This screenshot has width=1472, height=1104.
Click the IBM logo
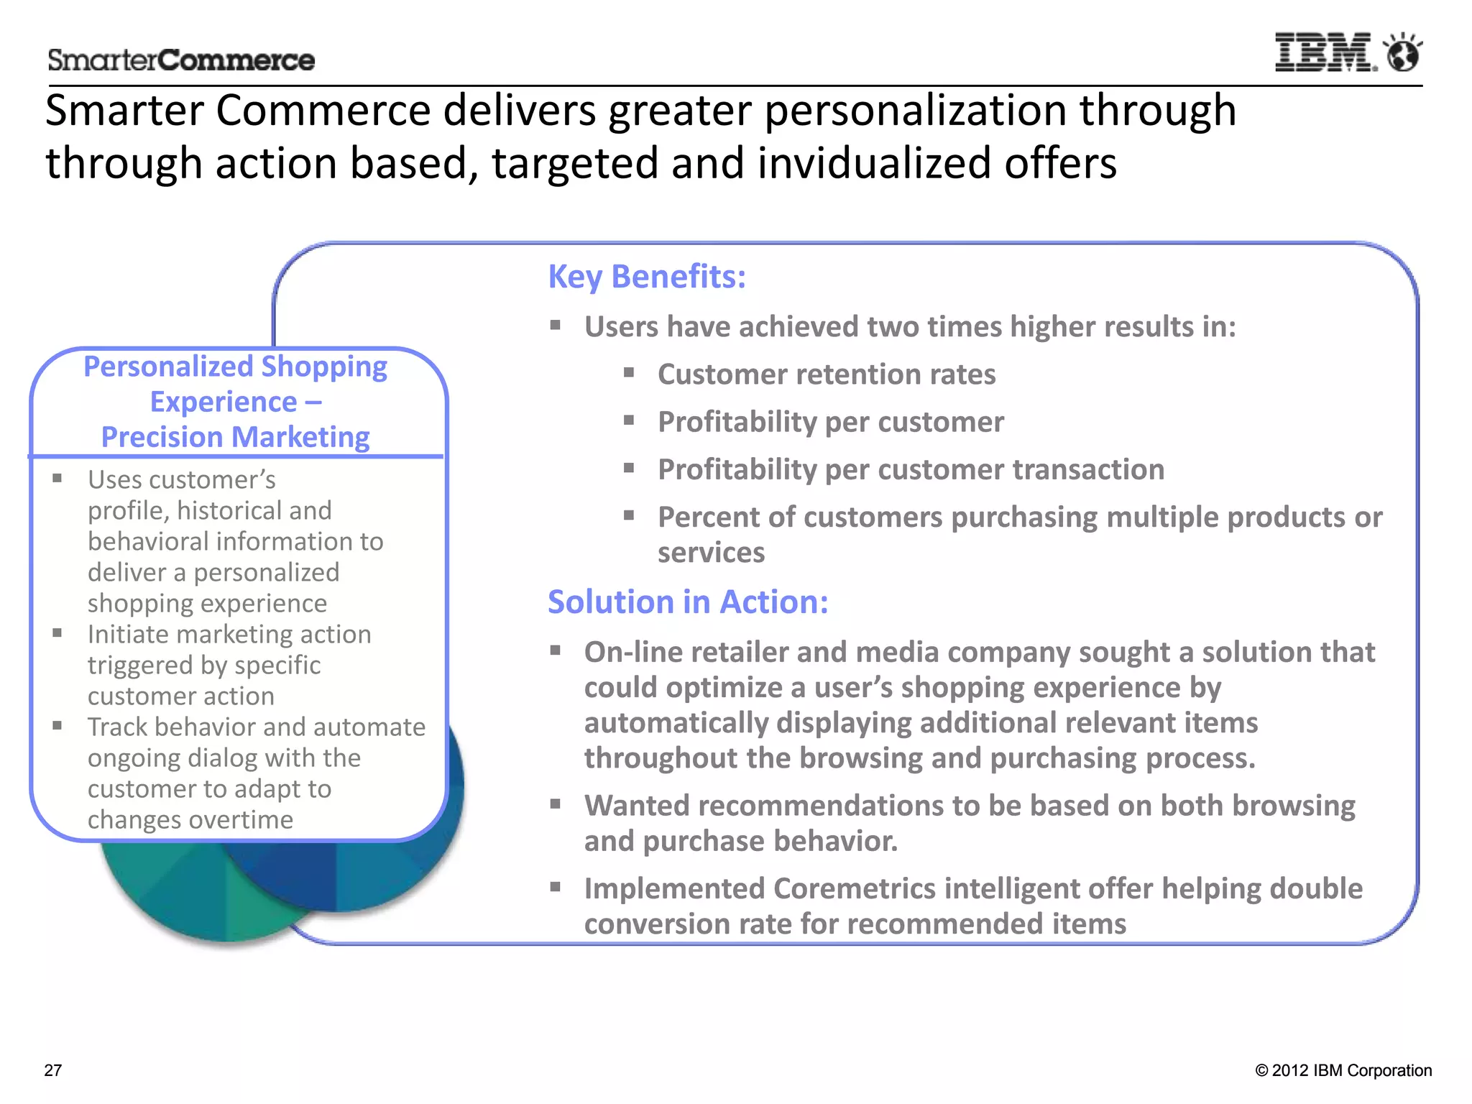(x=1324, y=52)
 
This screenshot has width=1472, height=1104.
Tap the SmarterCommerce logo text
(x=181, y=60)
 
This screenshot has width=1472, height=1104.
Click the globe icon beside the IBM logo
(x=1403, y=52)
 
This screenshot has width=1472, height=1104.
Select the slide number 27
(x=53, y=1070)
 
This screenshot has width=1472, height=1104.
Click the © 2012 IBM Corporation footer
(x=1343, y=1070)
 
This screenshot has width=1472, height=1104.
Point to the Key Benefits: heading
(x=647, y=277)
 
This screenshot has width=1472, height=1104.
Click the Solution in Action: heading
(x=688, y=602)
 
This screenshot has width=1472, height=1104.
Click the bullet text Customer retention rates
(x=827, y=374)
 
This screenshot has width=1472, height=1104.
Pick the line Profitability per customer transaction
(x=911, y=469)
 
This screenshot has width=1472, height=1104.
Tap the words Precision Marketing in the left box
(x=235, y=437)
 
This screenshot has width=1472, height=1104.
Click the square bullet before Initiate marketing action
(x=57, y=633)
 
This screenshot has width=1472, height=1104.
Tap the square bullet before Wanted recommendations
(x=556, y=804)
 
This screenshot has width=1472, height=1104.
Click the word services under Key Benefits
(x=711, y=553)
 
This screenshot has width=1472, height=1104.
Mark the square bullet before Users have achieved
(x=556, y=326)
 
